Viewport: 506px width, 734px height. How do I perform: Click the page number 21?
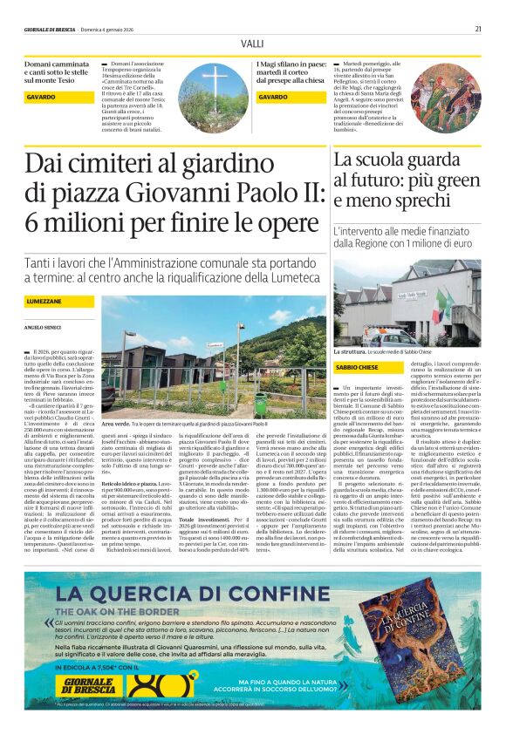(478, 28)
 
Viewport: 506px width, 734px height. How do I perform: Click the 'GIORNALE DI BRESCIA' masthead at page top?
(51, 29)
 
